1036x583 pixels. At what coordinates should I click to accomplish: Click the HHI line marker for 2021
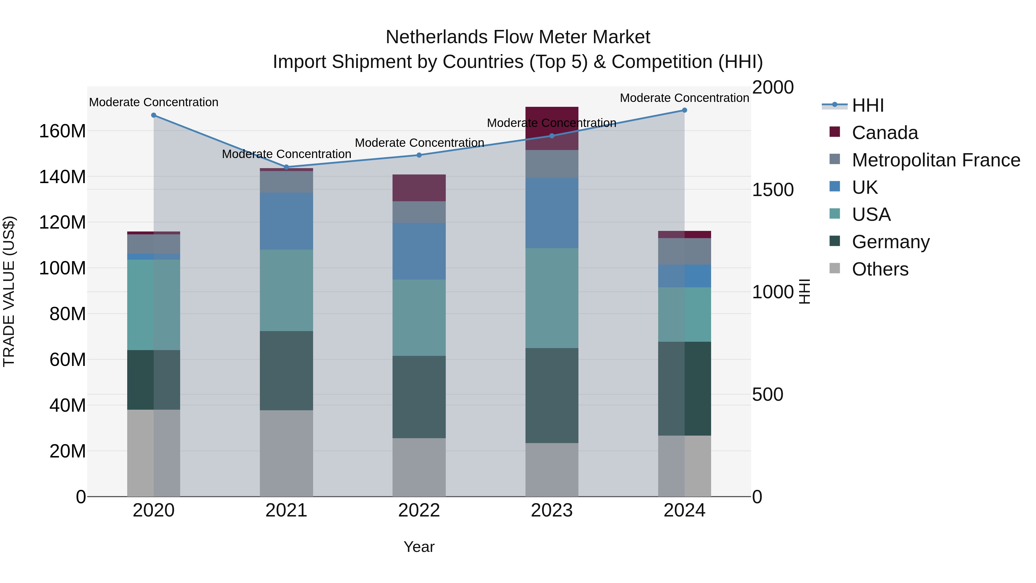(x=286, y=167)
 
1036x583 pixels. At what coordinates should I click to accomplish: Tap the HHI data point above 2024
(x=685, y=110)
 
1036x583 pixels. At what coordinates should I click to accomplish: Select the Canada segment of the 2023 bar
(x=552, y=128)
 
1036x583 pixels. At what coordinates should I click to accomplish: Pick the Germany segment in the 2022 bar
(x=419, y=397)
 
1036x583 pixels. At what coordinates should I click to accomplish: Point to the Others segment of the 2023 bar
(x=552, y=470)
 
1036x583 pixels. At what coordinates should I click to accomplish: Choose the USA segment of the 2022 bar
(x=419, y=318)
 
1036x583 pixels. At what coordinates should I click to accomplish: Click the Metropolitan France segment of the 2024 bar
(x=685, y=251)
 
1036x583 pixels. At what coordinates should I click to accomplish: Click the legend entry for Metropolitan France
(x=936, y=160)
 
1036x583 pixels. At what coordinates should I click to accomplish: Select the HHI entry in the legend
(x=867, y=105)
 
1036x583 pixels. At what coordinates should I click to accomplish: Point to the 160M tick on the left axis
(x=62, y=131)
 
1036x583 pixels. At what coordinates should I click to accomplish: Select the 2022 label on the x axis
(x=419, y=510)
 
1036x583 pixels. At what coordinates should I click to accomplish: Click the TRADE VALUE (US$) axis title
(x=9, y=291)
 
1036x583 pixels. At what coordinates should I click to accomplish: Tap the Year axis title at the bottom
(x=419, y=547)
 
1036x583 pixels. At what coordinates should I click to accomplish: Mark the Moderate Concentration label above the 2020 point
(x=154, y=102)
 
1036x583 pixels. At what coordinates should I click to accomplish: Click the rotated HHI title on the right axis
(x=804, y=291)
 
